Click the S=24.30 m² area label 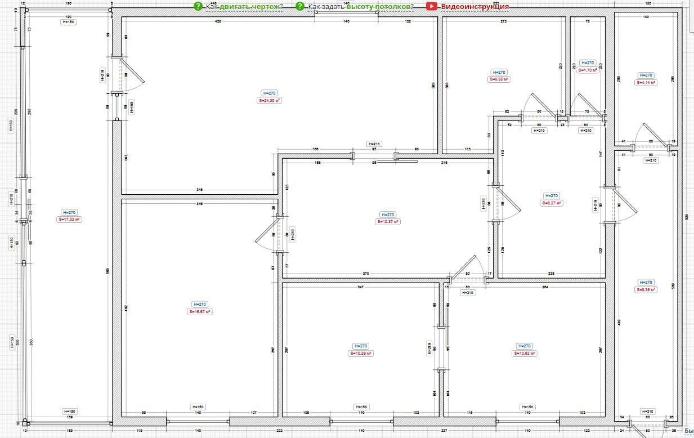click(270, 100)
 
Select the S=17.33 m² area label click(70, 220)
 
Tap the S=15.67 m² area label click(200, 311)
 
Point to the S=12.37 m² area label click(388, 222)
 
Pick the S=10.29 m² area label click(361, 354)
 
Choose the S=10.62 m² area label click(524, 354)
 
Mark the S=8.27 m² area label click(552, 203)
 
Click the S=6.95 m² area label click(499, 80)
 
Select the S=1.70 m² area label click(587, 70)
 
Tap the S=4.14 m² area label click(646, 82)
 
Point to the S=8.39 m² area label click(646, 290)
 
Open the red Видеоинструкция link click(474, 7)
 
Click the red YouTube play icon click(432, 6)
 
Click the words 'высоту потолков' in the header click(378, 7)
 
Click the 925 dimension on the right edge click(687, 216)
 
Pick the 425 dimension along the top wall click(218, 21)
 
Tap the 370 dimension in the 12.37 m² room click(366, 274)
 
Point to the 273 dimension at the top click(503, 21)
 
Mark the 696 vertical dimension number click(108, 270)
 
